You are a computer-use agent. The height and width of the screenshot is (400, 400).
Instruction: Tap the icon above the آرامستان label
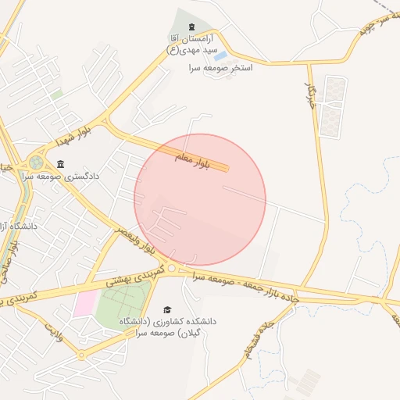point(192,29)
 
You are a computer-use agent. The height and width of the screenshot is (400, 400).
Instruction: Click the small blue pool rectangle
point(221,56)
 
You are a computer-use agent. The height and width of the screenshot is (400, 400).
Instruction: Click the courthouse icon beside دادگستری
point(61,164)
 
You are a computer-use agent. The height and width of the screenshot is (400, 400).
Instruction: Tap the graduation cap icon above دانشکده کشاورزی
point(166,310)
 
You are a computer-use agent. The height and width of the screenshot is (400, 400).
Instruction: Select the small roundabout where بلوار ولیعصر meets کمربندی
point(172,269)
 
